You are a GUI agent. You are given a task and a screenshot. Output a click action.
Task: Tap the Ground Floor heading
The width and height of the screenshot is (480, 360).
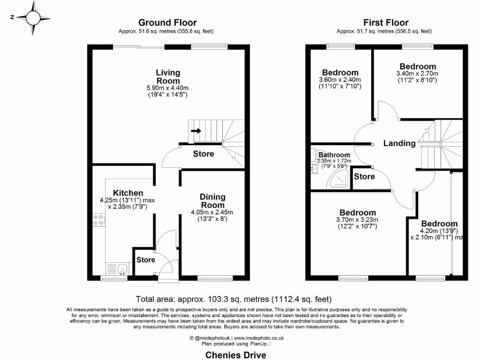[x=167, y=22]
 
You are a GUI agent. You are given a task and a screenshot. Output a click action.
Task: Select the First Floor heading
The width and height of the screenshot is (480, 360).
[x=386, y=22]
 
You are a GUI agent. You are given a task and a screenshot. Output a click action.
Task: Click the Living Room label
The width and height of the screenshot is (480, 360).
[x=168, y=76]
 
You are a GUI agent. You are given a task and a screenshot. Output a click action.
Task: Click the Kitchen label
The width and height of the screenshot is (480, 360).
[x=127, y=193]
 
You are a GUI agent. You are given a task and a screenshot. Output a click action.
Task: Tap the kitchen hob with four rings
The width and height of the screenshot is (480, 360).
[x=99, y=220]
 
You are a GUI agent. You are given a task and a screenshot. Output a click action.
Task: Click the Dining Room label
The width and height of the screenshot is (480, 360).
[x=212, y=201]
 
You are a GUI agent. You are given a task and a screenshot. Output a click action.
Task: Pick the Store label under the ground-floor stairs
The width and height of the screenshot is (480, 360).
[x=203, y=154]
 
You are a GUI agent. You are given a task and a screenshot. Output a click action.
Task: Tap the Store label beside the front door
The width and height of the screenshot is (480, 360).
[x=146, y=260]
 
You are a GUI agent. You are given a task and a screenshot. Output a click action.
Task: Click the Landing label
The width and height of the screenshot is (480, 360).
[x=399, y=143]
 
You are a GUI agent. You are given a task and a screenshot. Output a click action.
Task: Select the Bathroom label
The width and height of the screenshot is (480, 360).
[x=335, y=155]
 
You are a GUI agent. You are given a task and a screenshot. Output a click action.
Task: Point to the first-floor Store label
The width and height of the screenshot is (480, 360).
[x=364, y=177]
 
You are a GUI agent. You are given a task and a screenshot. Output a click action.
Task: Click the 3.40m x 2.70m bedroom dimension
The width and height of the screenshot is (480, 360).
[x=417, y=74]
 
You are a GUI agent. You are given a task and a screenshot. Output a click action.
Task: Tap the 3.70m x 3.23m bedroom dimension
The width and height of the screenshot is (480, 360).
[x=358, y=220]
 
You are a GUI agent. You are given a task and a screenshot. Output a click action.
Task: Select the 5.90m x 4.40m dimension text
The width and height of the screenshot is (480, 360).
[x=168, y=88]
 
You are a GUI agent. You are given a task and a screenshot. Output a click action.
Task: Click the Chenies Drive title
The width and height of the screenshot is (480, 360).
[x=236, y=355]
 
